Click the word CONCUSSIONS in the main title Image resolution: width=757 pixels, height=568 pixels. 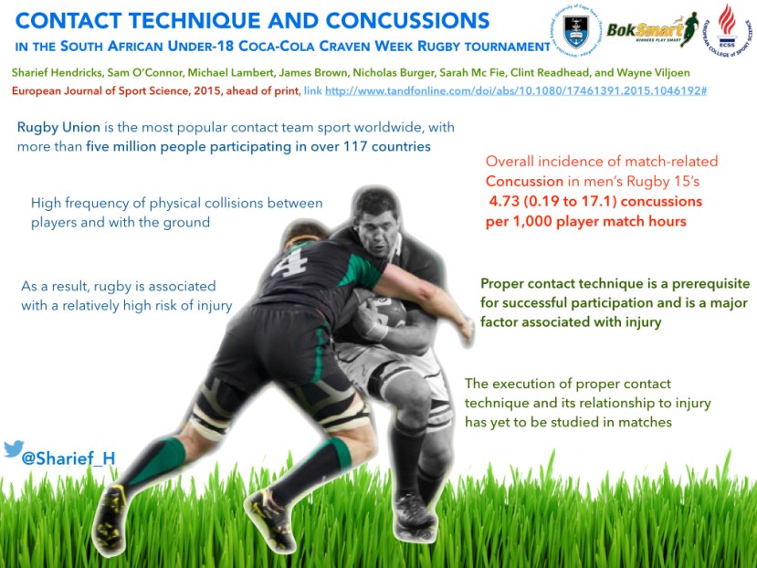tap(408, 21)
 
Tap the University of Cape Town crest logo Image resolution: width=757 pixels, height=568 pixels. tap(576, 30)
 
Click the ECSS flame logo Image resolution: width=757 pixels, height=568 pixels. tap(727, 30)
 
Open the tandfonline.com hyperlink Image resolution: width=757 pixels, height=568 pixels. tap(516, 90)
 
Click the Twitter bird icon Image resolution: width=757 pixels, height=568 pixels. tap(14, 448)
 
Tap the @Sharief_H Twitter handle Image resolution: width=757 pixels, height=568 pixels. tap(68, 458)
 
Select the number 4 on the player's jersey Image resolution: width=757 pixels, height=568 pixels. tap(289, 261)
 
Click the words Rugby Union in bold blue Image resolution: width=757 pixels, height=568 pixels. tap(58, 128)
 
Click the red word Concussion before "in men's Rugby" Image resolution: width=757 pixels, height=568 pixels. tap(524, 181)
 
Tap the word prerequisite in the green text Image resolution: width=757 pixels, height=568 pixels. tap(711, 283)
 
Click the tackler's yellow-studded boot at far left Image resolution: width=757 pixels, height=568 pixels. tap(110, 520)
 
